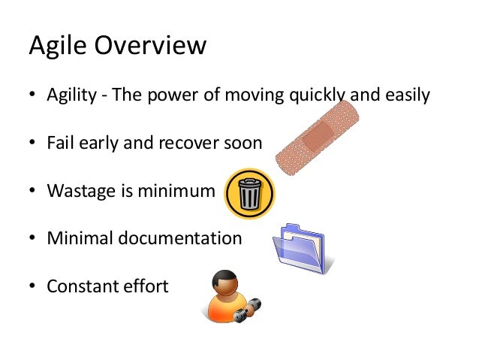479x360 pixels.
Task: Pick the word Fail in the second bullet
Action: pyautogui.click(x=59, y=143)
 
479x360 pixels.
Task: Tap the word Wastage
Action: pyautogui.click(x=78, y=191)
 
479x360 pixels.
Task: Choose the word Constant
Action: pyautogui.click(x=78, y=286)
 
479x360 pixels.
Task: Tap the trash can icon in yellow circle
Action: pyautogui.click(x=249, y=194)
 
